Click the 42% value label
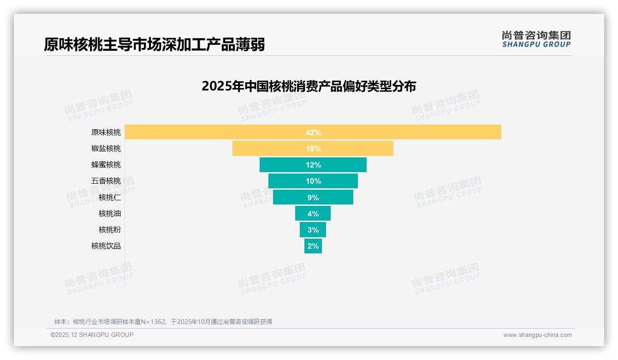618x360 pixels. [313, 132]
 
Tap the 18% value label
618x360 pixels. [313, 149]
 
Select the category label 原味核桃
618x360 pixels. [106, 132]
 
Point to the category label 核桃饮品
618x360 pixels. [106, 246]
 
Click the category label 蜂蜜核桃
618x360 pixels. [106, 165]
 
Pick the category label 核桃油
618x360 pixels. [110, 214]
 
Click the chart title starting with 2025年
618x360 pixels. [309, 86]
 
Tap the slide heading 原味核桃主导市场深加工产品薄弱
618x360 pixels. [154, 44]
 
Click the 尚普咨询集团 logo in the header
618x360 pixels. [536, 39]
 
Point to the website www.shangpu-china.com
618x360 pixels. [537, 335]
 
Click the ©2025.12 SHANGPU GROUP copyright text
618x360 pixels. [92, 335]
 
